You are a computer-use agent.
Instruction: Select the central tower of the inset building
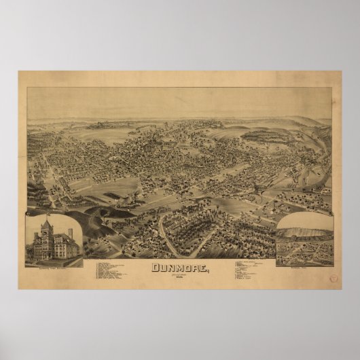48,232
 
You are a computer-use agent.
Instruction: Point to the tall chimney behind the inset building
70,234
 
